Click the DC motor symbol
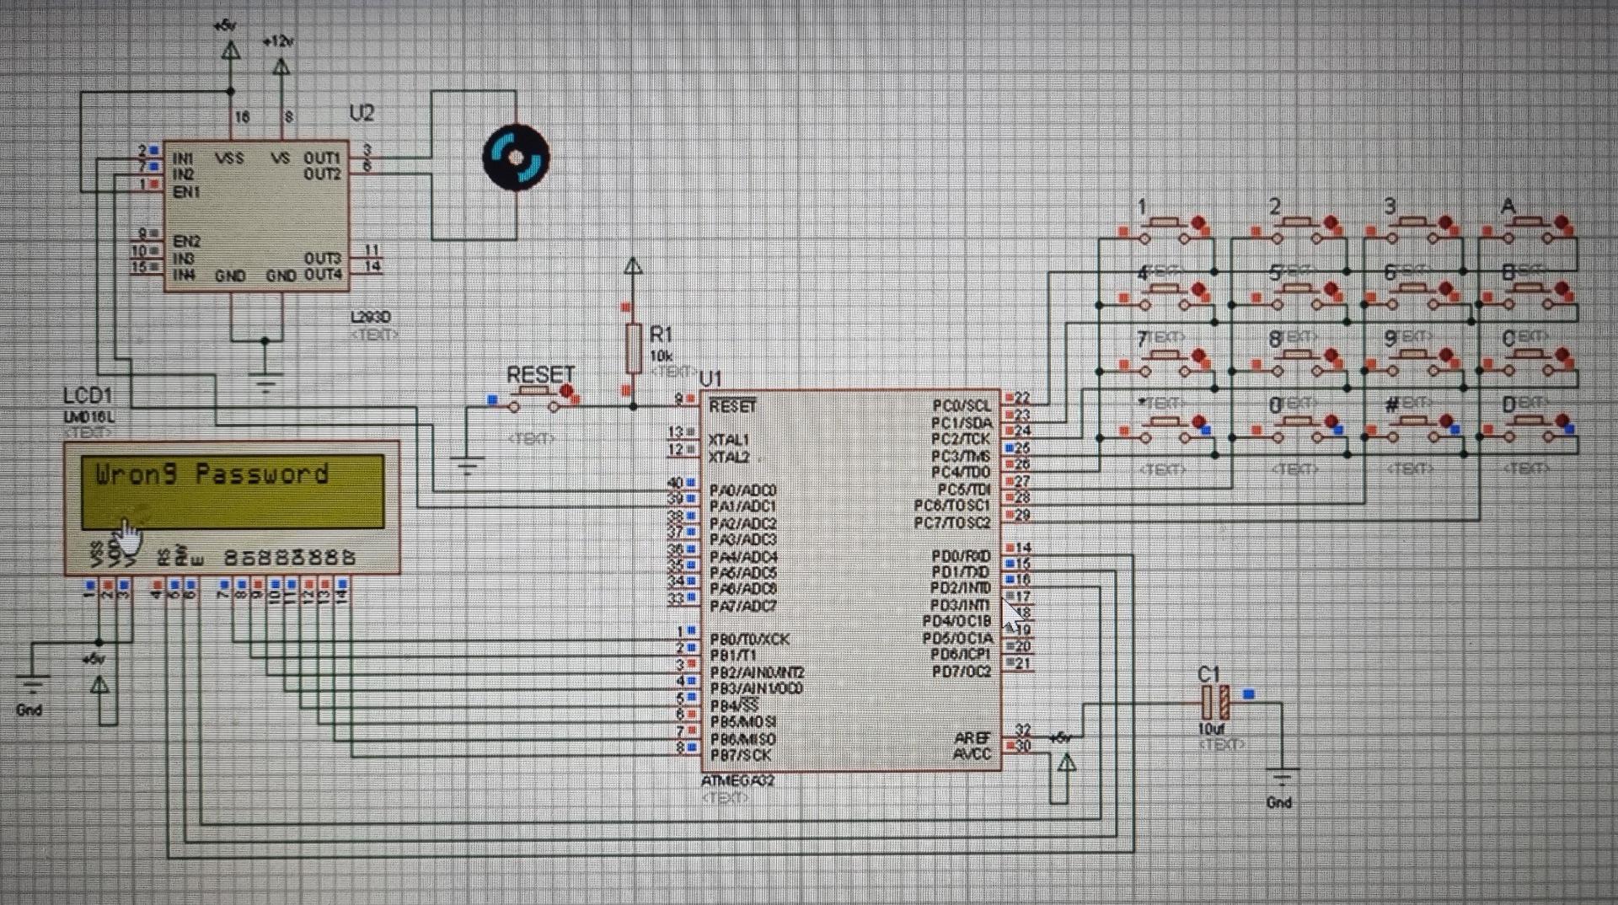pyautogui.click(x=516, y=157)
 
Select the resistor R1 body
pyautogui.click(x=634, y=348)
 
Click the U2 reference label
pyautogui.click(x=362, y=114)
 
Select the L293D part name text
pyautogui.click(x=371, y=318)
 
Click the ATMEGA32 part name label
pyautogui.click(x=737, y=781)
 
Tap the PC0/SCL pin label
pyautogui.click(x=961, y=405)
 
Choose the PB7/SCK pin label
pyautogui.click(x=740, y=755)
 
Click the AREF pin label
pyautogui.click(x=972, y=738)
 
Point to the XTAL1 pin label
pyautogui.click(x=728, y=440)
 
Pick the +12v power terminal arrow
pyautogui.click(x=281, y=66)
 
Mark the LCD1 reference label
pyautogui.click(x=87, y=396)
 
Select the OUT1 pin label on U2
pyautogui.click(x=322, y=158)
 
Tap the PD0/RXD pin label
pyautogui.click(x=961, y=556)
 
